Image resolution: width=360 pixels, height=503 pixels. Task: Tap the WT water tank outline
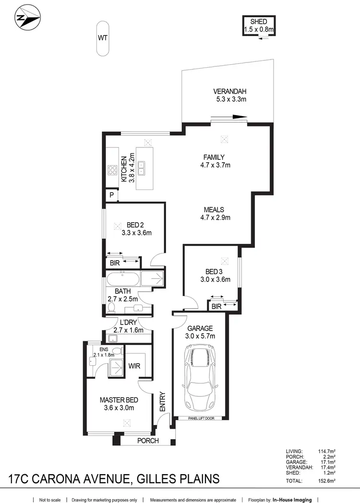coord(102,37)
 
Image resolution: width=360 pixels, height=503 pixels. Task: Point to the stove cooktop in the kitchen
coord(113,169)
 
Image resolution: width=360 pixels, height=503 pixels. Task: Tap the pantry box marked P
coord(111,195)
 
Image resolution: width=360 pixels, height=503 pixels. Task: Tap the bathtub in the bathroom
coord(123,279)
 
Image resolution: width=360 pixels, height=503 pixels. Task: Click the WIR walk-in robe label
coord(134,366)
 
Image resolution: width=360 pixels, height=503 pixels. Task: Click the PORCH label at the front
coord(148,441)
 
